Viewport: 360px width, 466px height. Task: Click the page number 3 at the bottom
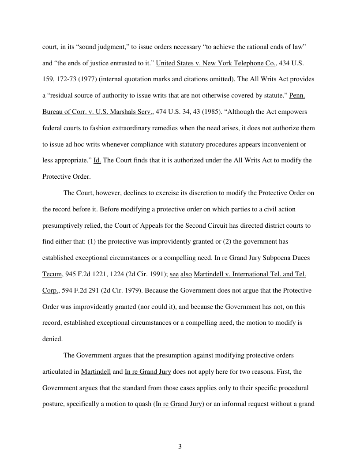pos(180,447)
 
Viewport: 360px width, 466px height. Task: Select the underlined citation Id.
pos(97,160)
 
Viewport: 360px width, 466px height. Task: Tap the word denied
pos(52,339)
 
